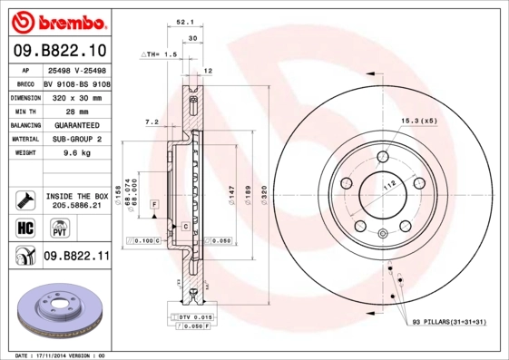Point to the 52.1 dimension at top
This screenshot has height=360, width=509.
[182, 24]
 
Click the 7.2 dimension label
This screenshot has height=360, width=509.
[152, 122]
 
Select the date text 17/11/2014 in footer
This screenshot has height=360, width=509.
[54, 355]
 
